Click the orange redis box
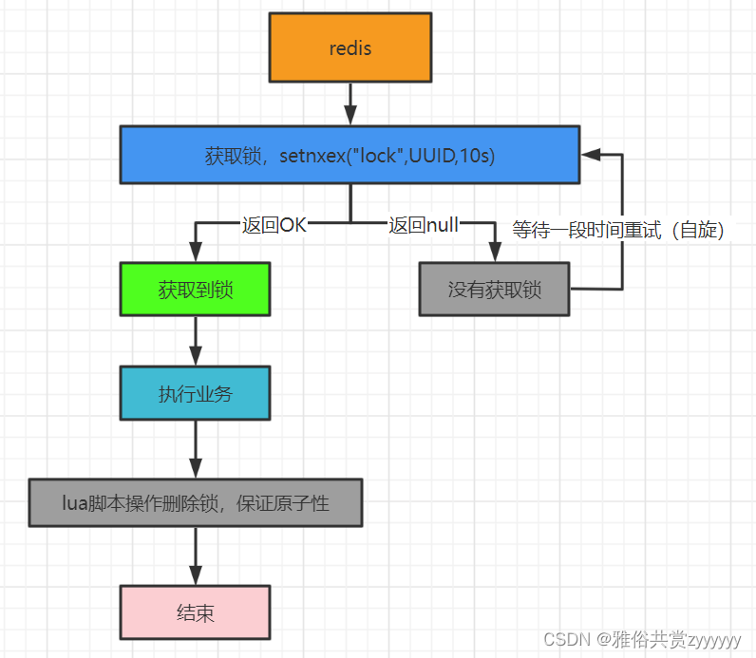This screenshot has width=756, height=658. (x=350, y=47)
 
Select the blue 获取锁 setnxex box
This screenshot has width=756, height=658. (x=350, y=155)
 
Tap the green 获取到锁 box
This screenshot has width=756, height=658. (x=195, y=290)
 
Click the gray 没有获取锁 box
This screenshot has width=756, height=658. (x=494, y=290)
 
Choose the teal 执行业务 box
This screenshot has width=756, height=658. (x=195, y=393)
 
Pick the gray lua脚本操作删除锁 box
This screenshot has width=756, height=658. (x=195, y=503)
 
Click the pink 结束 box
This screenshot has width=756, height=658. (x=195, y=612)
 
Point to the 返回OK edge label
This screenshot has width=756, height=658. (x=274, y=225)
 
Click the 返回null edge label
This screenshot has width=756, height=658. (x=423, y=225)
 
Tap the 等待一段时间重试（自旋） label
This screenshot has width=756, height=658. (x=618, y=230)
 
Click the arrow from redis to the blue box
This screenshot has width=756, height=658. (x=350, y=103)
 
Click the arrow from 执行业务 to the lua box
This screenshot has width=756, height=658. (x=195, y=449)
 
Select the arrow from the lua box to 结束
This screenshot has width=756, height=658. (x=195, y=555)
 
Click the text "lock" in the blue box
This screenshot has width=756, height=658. (x=376, y=156)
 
